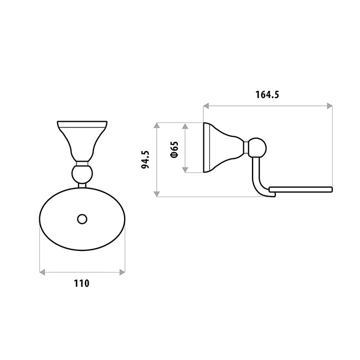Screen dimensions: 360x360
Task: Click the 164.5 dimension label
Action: (268, 95)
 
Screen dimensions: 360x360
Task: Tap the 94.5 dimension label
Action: (145, 160)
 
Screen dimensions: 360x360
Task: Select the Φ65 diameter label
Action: (174, 150)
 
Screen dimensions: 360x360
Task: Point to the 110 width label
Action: (81, 284)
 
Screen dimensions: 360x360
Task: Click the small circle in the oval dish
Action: (82, 219)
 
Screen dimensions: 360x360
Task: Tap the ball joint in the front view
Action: (82, 174)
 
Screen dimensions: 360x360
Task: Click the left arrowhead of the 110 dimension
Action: (42, 272)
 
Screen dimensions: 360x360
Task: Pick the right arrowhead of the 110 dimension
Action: (122, 272)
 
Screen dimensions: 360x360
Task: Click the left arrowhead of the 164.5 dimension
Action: (206, 106)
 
